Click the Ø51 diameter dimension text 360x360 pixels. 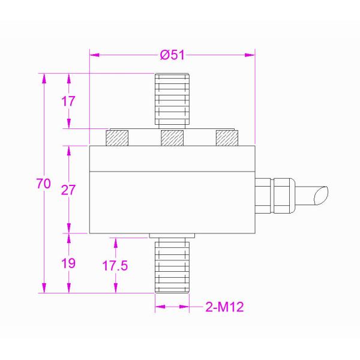[x=172, y=55]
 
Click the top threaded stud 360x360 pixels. [x=172, y=99]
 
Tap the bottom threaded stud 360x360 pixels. [x=172, y=264]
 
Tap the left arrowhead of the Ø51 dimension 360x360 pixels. [x=93, y=55]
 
